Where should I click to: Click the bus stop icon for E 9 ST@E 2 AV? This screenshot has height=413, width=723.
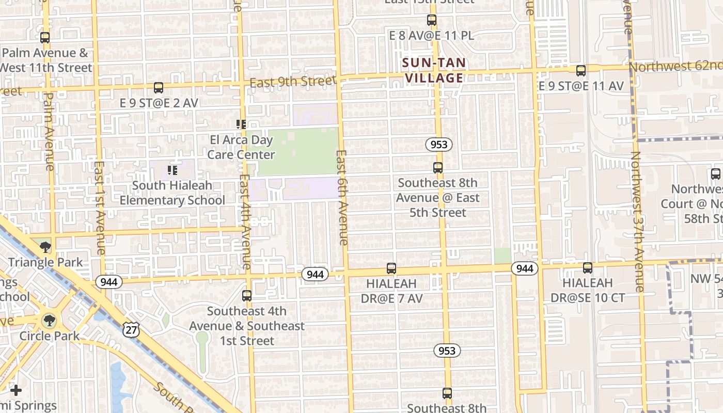(159, 88)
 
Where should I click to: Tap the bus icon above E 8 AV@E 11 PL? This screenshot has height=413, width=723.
(432, 21)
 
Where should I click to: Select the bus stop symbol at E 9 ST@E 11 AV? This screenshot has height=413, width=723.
(581, 71)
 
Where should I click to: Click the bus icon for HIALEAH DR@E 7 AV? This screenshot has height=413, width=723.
(391, 268)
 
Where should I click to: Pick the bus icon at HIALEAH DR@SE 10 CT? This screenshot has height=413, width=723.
(588, 268)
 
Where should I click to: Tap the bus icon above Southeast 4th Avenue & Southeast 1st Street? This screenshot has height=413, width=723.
(247, 296)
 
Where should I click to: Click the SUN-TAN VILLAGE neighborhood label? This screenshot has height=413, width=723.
(434, 71)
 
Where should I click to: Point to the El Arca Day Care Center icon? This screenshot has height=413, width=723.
(241, 124)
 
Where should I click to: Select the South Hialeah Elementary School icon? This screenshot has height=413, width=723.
(172, 170)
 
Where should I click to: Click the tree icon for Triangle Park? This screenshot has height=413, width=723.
(45, 247)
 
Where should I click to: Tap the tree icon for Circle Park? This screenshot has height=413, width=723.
(49, 321)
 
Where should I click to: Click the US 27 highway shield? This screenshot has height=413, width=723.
(131, 329)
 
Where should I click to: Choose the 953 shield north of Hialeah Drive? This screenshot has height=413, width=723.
(439, 145)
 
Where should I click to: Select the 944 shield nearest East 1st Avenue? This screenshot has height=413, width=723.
(108, 282)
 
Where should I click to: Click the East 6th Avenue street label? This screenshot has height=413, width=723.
(342, 197)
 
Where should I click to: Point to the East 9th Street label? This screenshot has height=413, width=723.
(293, 82)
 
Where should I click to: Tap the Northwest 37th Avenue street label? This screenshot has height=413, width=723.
(638, 222)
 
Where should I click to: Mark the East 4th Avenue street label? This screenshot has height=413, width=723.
(245, 222)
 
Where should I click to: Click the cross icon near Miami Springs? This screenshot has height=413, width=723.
(16, 390)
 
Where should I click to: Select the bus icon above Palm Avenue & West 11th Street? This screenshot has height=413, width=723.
(45, 38)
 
